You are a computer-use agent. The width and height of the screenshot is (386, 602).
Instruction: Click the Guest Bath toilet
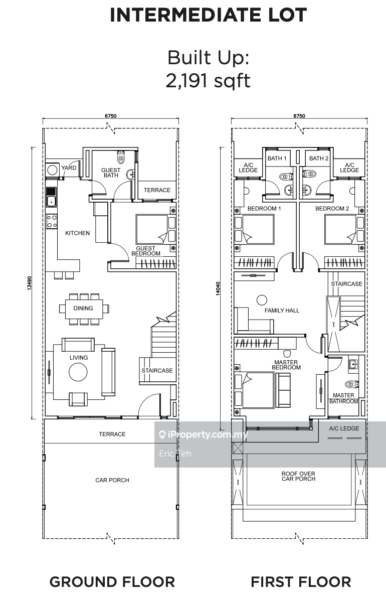tap(121, 157)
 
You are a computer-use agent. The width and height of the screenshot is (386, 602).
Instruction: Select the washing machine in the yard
tap(52, 170)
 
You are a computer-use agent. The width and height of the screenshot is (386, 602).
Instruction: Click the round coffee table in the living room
tap(78, 372)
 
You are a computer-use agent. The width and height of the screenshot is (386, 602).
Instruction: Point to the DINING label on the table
tap(83, 308)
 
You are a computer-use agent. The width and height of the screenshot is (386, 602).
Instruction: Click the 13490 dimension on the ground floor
tap(29, 283)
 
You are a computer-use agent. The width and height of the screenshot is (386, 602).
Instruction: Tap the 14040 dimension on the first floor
tap(218, 288)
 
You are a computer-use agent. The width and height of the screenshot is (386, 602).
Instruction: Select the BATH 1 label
tap(277, 159)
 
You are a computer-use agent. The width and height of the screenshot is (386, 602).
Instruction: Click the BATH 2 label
tap(319, 159)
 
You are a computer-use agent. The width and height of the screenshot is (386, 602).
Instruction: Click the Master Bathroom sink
tap(353, 365)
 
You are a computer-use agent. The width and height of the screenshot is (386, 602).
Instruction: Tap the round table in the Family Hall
tap(262, 300)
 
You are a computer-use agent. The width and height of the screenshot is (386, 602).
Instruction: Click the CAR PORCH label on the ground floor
tap(112, 480)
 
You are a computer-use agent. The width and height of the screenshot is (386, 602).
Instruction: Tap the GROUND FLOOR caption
tap(112, 582)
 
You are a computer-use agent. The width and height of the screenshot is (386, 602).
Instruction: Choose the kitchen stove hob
tap(51, 221)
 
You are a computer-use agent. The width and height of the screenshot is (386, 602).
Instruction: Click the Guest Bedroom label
tap(146, 251)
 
